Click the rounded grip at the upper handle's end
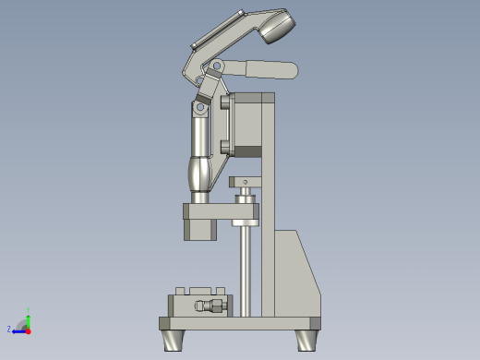[x=276, y=27]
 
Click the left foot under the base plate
[x=174, y=340]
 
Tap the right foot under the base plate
[x=306, y=340]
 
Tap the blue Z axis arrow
[x=18, y=330]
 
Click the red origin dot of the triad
[x=29, y=330]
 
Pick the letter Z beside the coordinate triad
[x=9, y=329]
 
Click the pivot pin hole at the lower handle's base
[x=217, y=66]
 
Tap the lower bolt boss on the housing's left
[x=225, y=145]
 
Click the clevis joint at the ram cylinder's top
[x=199, y=108]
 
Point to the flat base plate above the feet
[x=240, y=323]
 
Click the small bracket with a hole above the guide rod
[x=245, y=182]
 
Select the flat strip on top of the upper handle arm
[x=217, y=30]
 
